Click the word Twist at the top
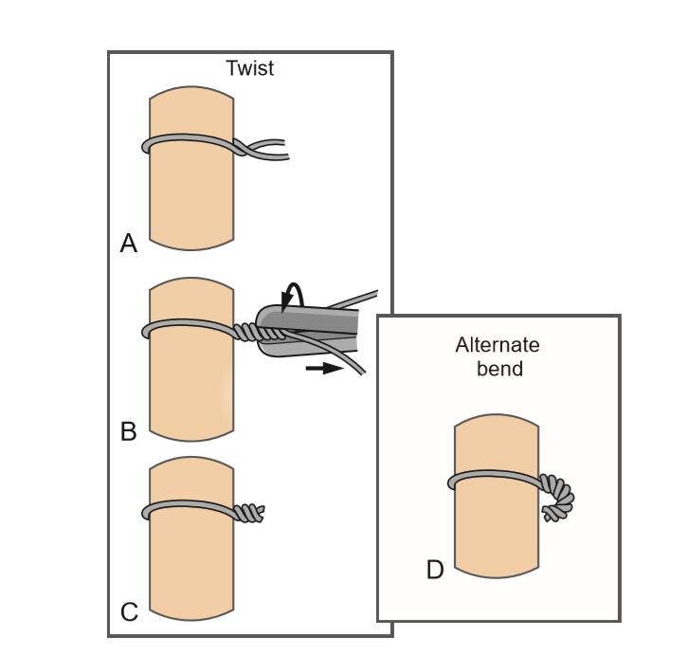point(249,68)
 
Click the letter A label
point(129,245)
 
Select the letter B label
point(129,432)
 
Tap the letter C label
point(129,612)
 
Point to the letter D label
point(435,571)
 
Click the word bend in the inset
point(499,368)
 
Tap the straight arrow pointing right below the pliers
point(322,368)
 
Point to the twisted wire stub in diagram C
point(248,513)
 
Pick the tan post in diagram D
point(498,531)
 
